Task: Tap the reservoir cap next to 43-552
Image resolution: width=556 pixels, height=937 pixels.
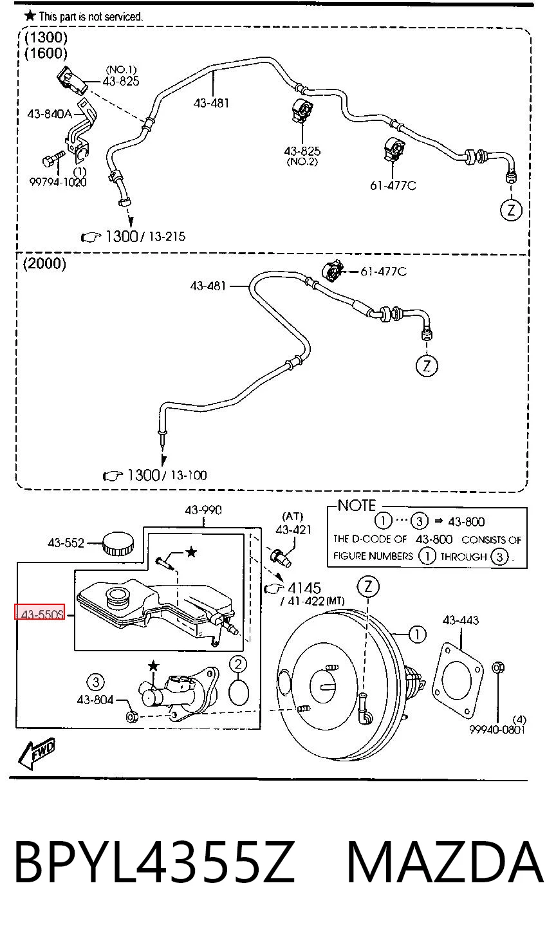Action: (118, 543)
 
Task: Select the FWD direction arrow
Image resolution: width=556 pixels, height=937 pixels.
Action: (37, 754)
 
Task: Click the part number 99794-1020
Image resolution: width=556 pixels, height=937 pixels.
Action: (58, 182)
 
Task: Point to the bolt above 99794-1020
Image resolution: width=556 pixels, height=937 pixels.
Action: (52, 159)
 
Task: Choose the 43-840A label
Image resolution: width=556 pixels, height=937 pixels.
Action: (50, 113)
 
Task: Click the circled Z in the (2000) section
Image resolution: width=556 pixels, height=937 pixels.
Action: (427, 366)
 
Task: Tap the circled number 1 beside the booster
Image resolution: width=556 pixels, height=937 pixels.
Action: (417, 634)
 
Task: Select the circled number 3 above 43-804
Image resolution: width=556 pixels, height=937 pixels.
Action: (95, 682)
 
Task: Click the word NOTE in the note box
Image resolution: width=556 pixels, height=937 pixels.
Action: (357, 505)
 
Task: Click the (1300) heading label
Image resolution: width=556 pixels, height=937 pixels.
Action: (46, 37)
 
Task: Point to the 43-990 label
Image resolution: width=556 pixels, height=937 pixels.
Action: (203, 510)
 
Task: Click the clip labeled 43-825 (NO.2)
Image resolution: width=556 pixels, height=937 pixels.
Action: (302, 111)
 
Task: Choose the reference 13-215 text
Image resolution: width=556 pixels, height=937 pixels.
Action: (167, 236)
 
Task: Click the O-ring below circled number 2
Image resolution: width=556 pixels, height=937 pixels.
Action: (239, 692)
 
